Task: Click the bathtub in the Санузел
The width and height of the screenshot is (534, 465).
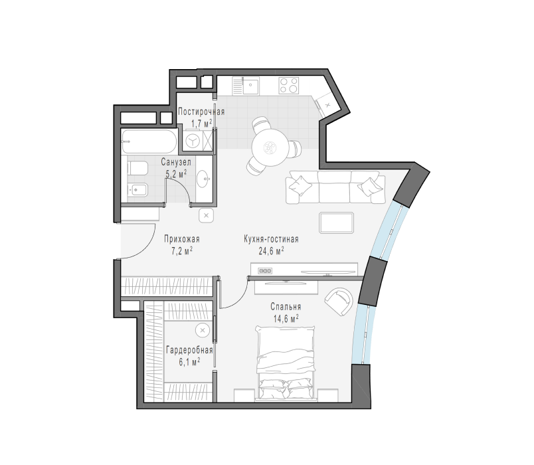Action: click(149, 141)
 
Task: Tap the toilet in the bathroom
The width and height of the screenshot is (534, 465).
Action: click(137, 168)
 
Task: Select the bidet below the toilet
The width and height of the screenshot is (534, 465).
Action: click(137, 190)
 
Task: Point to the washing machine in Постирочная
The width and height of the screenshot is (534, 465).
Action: click(193, 140)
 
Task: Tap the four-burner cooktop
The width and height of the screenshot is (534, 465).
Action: click(289, 86)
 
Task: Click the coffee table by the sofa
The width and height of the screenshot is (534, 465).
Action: click(337, 223)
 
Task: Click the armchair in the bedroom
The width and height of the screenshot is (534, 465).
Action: click(339, 302)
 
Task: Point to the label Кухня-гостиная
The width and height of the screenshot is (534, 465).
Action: click(271, 239)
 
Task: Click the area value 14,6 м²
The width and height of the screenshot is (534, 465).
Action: click(286, 318)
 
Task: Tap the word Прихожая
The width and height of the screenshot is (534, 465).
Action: click(182, 239)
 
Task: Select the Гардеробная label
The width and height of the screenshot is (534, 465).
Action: click(189, 350)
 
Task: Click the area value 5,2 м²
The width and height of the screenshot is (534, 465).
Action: click(176, 174)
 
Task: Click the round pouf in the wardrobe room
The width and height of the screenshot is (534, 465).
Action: click(203, 330)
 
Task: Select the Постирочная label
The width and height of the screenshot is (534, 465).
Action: click(201, 112)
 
